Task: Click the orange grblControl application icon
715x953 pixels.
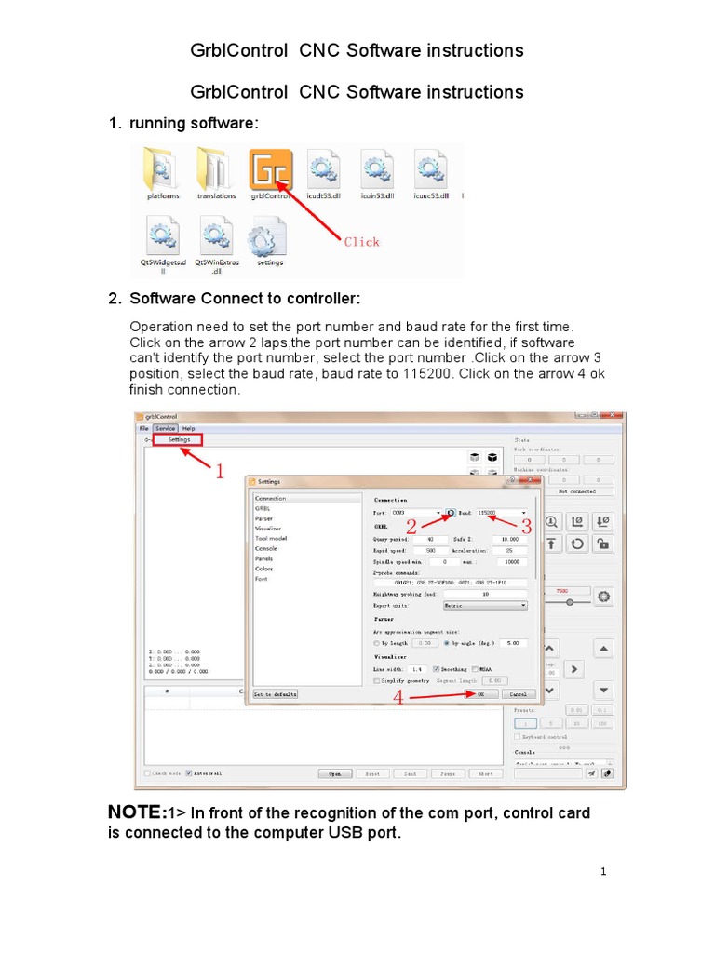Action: tap(271, 170)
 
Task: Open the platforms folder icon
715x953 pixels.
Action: tap(163, 170)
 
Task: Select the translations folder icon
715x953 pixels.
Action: tap(216, 170)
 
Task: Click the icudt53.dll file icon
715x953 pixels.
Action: tap(324, 170)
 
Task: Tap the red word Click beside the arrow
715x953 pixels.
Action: tap(362, 242)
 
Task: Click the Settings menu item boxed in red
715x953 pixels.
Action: tap(180, 439)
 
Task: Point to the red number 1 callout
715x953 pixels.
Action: tap(220, 473)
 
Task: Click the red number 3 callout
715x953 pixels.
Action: tap(526, 528)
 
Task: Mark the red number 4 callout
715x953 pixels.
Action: tap(398, 696)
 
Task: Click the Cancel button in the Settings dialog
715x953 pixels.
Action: tap(519, 694)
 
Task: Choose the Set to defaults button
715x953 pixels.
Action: tap(276, 694)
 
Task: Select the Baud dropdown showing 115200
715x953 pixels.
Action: tap(502, 513)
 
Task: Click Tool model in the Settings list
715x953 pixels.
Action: tap(271, 538)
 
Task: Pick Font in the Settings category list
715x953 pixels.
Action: tap(262, 578)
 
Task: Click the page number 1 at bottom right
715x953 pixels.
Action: tap(603, 872)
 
